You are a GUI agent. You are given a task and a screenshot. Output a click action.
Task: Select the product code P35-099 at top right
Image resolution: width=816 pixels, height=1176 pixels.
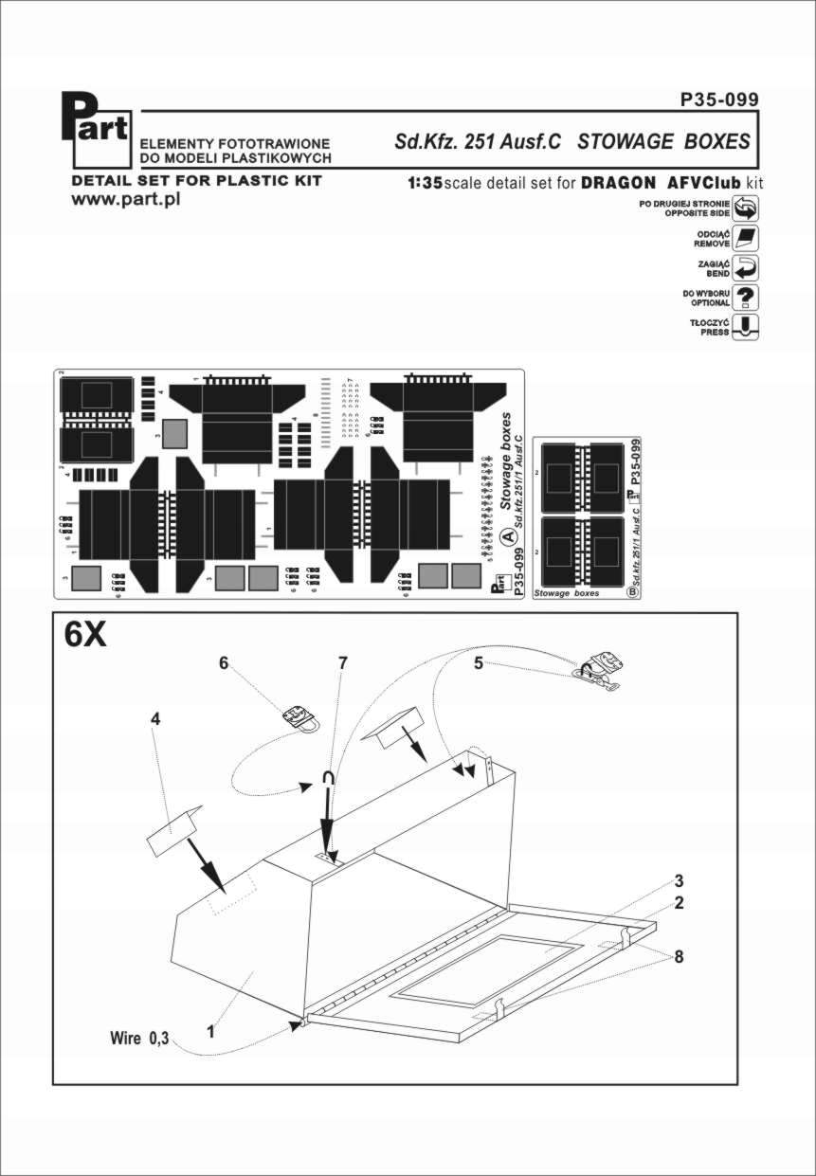[719, 100]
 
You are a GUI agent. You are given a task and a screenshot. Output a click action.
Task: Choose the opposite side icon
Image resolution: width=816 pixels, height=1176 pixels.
[747, 209]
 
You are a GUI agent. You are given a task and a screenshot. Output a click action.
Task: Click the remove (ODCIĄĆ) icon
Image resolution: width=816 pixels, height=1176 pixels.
[747, 238]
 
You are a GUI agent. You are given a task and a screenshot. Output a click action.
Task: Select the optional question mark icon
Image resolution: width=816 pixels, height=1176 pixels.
[747, 297]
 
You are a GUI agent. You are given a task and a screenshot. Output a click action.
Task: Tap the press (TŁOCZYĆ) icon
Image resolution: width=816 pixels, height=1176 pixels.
[747, 327]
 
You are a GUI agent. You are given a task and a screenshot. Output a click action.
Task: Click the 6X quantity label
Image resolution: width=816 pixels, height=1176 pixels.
[85, 635]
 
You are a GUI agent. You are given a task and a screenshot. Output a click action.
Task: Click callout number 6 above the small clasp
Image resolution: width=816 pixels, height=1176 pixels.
[225, 663]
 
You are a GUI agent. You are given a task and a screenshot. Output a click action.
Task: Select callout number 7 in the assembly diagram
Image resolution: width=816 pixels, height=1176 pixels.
[343, 663]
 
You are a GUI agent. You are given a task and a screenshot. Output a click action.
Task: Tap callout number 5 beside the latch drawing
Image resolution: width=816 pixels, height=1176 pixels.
[480, 663]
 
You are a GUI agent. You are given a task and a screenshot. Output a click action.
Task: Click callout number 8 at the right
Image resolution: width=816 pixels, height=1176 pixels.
[680, 956]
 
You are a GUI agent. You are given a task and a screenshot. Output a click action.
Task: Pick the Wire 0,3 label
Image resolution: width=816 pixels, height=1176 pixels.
[139, 1039]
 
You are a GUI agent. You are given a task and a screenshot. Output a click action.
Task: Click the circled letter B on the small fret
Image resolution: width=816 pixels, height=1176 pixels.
[632, 592]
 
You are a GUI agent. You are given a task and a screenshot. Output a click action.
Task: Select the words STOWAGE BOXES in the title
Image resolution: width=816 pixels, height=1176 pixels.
[663, 141]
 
